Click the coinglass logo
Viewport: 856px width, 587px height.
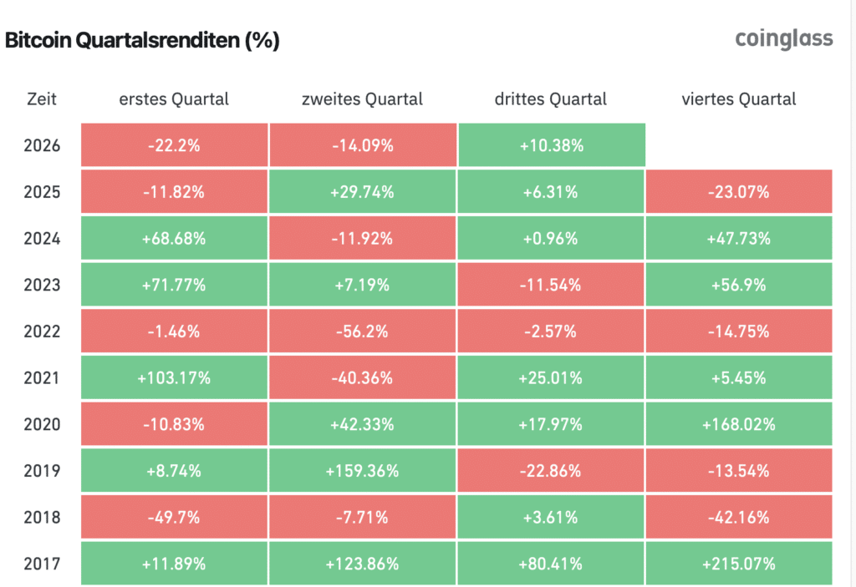784,38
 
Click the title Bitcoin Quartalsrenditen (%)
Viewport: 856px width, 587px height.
142,40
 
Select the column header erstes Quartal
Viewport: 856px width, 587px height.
174,99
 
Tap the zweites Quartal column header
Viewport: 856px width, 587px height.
362,99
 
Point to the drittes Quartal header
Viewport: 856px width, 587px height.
550,99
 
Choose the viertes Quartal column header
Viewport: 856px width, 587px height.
739,99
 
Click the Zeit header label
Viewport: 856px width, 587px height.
42,99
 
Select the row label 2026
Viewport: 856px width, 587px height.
42,145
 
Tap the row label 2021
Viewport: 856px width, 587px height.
42,377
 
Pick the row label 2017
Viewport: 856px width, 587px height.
42,564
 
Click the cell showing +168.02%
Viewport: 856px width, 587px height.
739,424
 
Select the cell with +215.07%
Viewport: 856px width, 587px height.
739,564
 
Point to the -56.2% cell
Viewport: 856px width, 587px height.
362,331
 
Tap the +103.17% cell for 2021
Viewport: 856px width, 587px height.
174,377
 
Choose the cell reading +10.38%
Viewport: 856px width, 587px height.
552,145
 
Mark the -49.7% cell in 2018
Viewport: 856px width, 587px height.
174,517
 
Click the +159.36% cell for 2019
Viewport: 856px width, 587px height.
362,470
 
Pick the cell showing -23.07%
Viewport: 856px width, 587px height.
739,191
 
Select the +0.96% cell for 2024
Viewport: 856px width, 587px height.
550,239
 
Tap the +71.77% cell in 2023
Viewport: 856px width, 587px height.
174,285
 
